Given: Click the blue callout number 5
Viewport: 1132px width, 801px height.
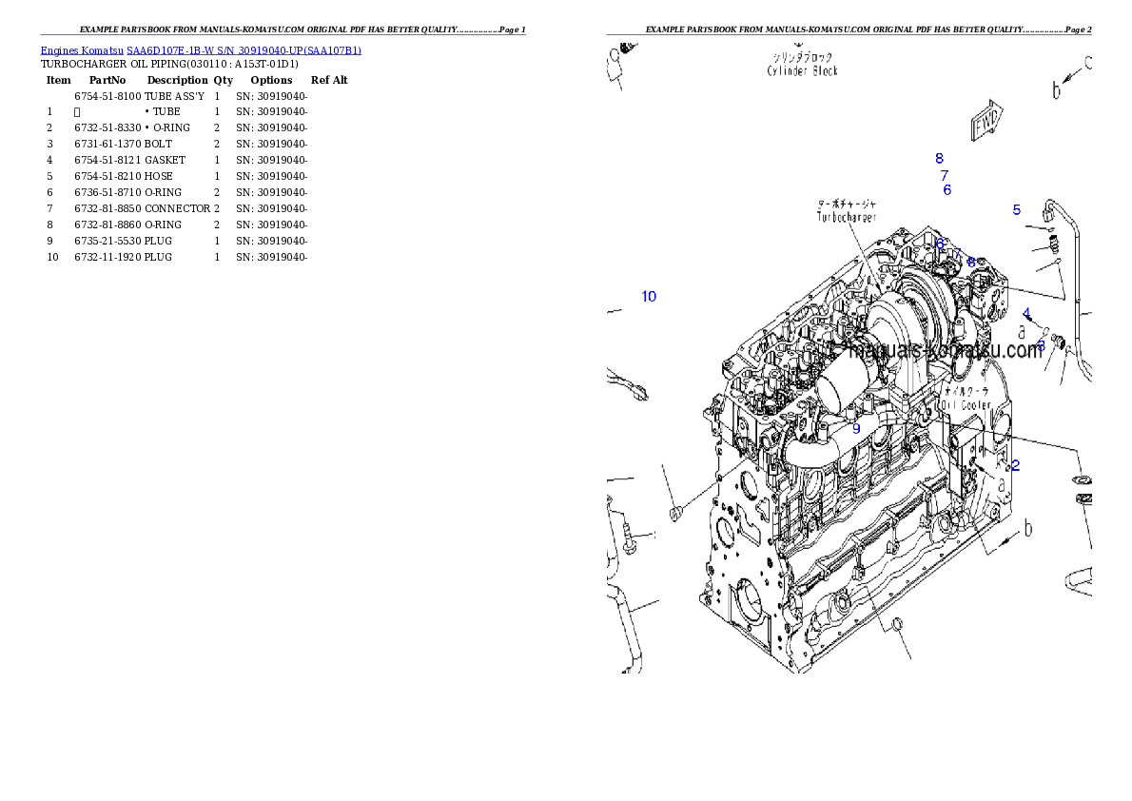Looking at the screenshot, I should coord(1016,210).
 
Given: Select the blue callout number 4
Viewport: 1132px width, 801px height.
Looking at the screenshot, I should coord(1026,313).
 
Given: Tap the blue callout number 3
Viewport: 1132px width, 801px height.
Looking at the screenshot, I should coord(1041,343).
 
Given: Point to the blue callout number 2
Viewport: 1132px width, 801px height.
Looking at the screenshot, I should coord(1016,465).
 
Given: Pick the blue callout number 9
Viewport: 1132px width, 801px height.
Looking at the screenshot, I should coord(856,429).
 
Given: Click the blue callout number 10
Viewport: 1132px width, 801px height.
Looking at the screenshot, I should coord(649,296).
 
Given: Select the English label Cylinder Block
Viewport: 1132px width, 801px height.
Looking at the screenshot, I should coord(803,70).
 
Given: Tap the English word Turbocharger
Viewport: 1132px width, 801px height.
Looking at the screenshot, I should coord(847,217).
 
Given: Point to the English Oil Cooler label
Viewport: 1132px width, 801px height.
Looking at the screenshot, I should coord(965,404).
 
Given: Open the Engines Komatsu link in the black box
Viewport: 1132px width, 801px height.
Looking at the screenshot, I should coord(201,49).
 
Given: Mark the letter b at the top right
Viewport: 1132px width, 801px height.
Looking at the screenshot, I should coord(1056,90).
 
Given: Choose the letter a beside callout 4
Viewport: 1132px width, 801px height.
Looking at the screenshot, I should coord(1021,332).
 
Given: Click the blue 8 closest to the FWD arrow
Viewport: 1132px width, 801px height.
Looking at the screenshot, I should coord(939,159).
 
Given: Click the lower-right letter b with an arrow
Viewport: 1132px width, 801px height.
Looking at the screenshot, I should coord(1028,527).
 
